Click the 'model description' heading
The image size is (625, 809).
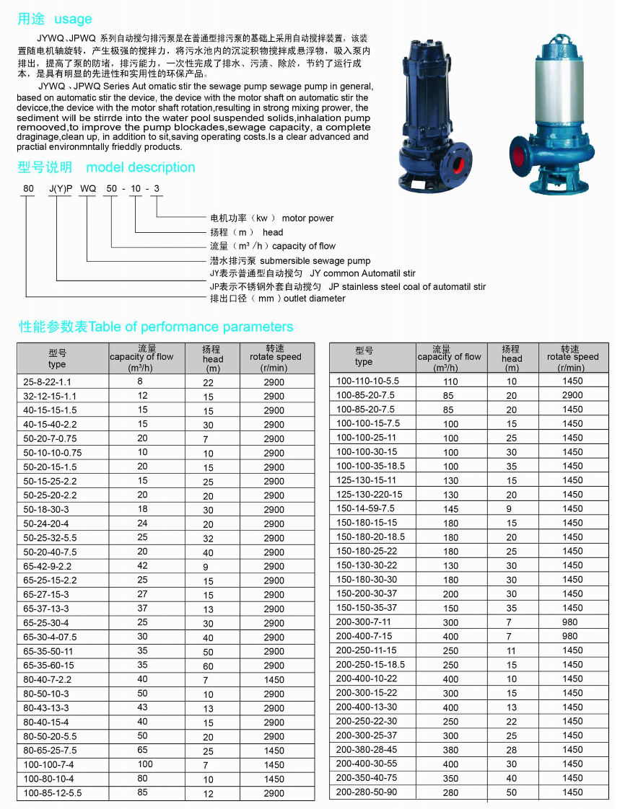click(140, 167)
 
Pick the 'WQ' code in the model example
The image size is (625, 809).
click(87, 190)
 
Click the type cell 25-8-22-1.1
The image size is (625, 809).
click(48, 381)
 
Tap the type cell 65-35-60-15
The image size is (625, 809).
click(48, 666)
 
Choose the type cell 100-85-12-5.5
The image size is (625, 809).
click(53, 793)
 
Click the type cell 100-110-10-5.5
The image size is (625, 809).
click(367, 381)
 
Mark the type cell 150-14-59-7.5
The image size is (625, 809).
click(365, 508)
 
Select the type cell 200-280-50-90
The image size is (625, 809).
click(366, 792)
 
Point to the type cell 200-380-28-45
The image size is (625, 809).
click(366, 750)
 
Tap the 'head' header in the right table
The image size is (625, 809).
click(512, 358)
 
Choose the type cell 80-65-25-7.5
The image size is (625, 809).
click(51, 751)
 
